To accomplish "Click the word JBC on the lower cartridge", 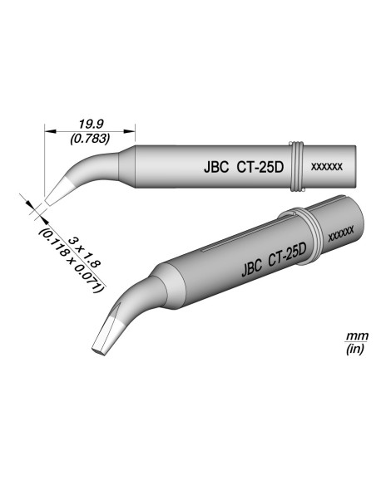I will (x=250, y=267).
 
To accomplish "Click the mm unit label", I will (x=351, y=337).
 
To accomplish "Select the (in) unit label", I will (x=351, y=351).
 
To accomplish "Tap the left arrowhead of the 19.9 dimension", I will (x=47, y=130).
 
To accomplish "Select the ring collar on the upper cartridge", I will (x=296, y=167).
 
